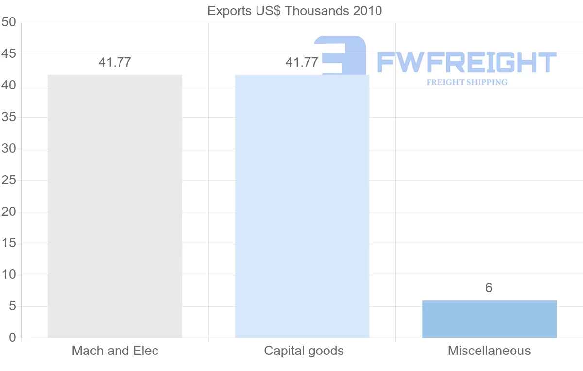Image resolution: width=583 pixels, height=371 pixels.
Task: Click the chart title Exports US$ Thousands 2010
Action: point(294,11)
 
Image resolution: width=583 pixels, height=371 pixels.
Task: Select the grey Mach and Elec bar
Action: point(115,207)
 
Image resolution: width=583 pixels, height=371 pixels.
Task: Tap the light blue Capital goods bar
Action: point(302,207)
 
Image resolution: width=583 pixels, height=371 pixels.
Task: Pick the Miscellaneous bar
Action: point(489,319)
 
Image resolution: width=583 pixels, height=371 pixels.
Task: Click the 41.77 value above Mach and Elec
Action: point(115,62)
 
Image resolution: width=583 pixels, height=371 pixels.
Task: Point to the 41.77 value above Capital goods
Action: point(302,62)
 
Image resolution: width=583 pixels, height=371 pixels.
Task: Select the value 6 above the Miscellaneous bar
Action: point(489,288)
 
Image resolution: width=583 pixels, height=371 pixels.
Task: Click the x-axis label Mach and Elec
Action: point(115,351)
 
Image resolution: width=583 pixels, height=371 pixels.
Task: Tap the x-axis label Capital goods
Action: point(304,351)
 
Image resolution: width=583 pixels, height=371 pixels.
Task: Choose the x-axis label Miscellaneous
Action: point(489,351)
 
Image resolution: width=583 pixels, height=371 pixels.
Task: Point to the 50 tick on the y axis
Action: point(9,23)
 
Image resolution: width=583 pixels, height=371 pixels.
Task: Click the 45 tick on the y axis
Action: point(9,54)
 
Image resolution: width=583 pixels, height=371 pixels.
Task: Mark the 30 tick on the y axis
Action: point(9,149)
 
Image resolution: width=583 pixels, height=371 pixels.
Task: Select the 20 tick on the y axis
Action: point(9,212)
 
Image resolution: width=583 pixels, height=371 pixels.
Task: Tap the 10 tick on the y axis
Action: point(9,275)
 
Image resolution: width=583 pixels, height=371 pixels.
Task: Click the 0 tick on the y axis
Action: point(12,338)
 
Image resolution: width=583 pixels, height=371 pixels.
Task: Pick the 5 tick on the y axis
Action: point(12,306)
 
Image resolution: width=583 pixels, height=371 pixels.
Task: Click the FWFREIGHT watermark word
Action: point(466,63)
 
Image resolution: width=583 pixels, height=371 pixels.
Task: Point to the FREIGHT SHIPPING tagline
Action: point(467,82)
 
